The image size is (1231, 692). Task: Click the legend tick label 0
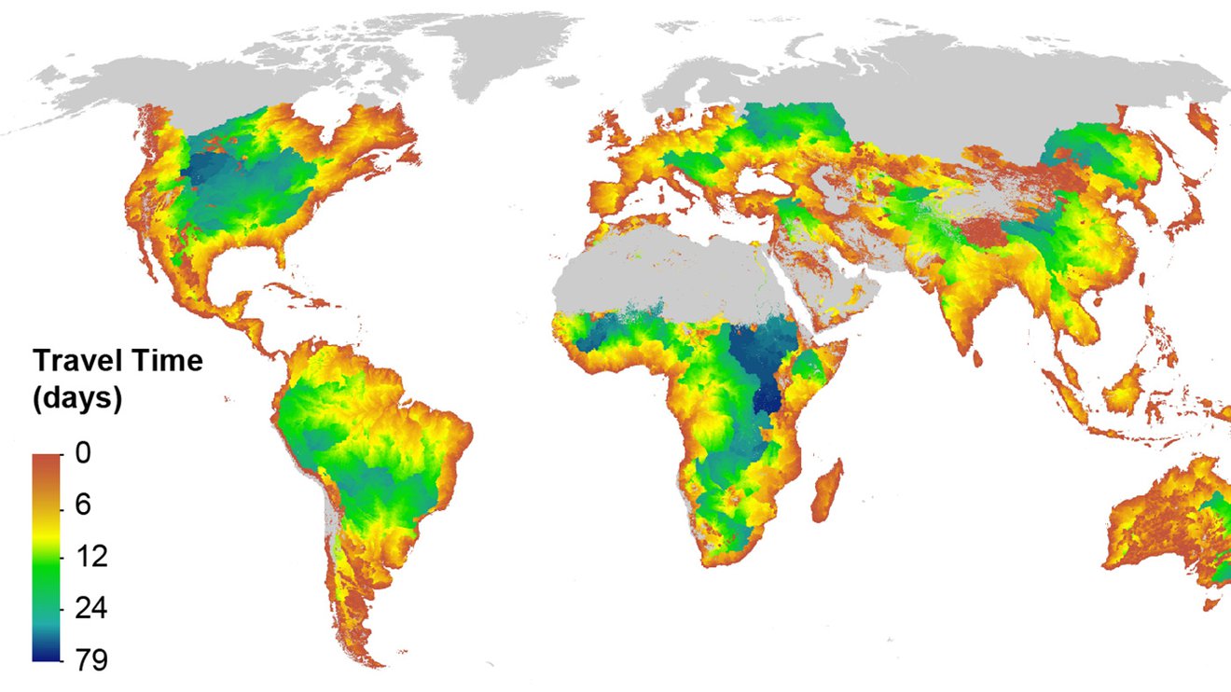click(83, 454)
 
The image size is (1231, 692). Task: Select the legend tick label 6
click(83, 505)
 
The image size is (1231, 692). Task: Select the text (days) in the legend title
click(78, 398)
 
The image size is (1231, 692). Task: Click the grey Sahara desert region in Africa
click(671, 270)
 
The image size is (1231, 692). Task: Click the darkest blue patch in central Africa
click(767, 396)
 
